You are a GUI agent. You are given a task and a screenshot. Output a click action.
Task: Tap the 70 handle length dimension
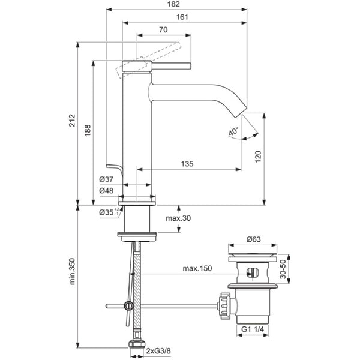pyautogui.click(x=164, y=29)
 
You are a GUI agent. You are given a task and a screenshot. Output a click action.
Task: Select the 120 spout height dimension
pyautogui.click(x=259, y=157)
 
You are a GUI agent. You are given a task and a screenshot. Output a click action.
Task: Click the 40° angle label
pyautogui.click(x=233, y=131)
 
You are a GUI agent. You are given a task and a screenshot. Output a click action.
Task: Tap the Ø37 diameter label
pyautogui.click(x=107, y=180)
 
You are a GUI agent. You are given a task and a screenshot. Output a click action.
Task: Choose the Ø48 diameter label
pyautogui.click(x=107, y=190)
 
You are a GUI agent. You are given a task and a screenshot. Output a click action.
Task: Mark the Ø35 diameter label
pyautogui.click(x=107, y=211)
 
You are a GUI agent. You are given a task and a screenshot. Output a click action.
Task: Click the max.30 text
pyautogui.click(x=178, y=218)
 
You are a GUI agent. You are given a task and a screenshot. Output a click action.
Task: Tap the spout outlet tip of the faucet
pyautogui.click(x=243, y=112)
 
